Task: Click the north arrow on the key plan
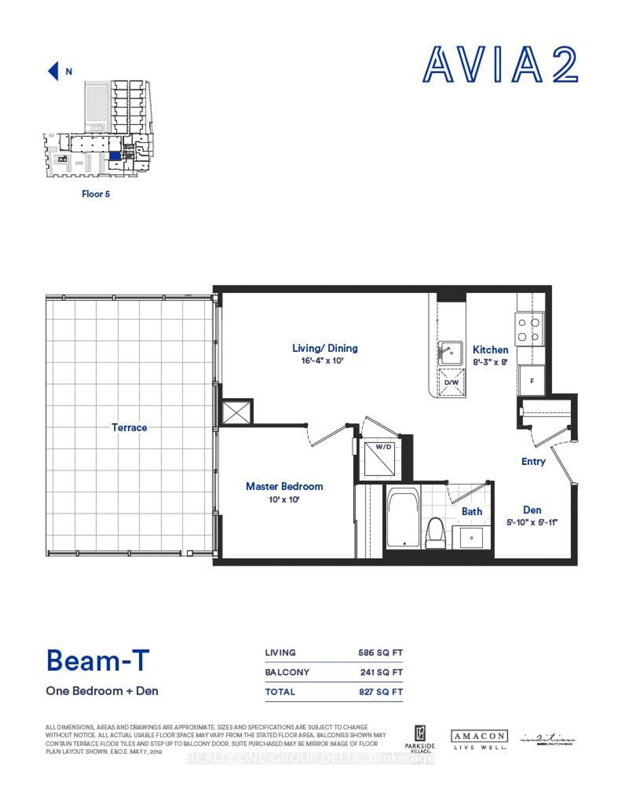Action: click(53, 71)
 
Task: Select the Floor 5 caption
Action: click(96, 194)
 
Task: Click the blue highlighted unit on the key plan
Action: click(114, 156)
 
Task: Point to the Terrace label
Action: click(129, 427)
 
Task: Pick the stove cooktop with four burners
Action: click(529, 329)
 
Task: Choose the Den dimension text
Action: click(532, 522)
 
